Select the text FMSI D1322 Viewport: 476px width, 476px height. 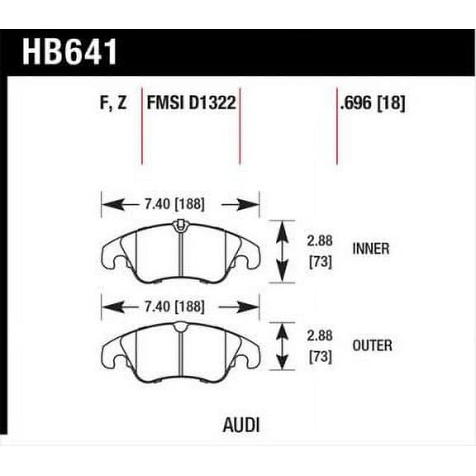[x=192, y=104]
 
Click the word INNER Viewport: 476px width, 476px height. [x=370, y=248]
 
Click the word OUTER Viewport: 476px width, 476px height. [x=371, y=345]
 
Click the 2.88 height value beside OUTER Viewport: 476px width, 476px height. [x=320, y=337]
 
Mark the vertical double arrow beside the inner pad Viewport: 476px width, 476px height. [x=283, y=251]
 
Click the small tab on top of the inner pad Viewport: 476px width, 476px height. [x=179, y=226]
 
